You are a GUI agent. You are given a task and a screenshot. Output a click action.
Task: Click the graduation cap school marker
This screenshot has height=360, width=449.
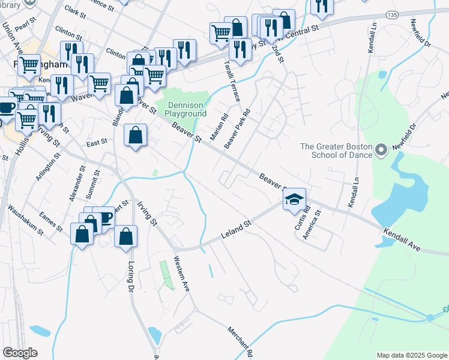tap(294, 200)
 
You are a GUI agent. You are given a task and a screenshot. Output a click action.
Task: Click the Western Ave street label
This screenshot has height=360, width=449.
tap(181, 274)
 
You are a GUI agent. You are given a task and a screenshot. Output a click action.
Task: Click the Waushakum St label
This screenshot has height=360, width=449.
tap(25, 220)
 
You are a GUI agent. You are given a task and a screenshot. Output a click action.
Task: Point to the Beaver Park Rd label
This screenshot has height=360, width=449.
tap(237, 130)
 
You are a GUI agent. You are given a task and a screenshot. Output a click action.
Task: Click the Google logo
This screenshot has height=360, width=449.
tap(20, 353)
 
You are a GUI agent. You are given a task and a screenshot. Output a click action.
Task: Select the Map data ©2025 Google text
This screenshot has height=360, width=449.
tap(411, 355)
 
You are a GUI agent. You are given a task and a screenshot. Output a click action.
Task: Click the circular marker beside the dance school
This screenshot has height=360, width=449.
tap(380, 149)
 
